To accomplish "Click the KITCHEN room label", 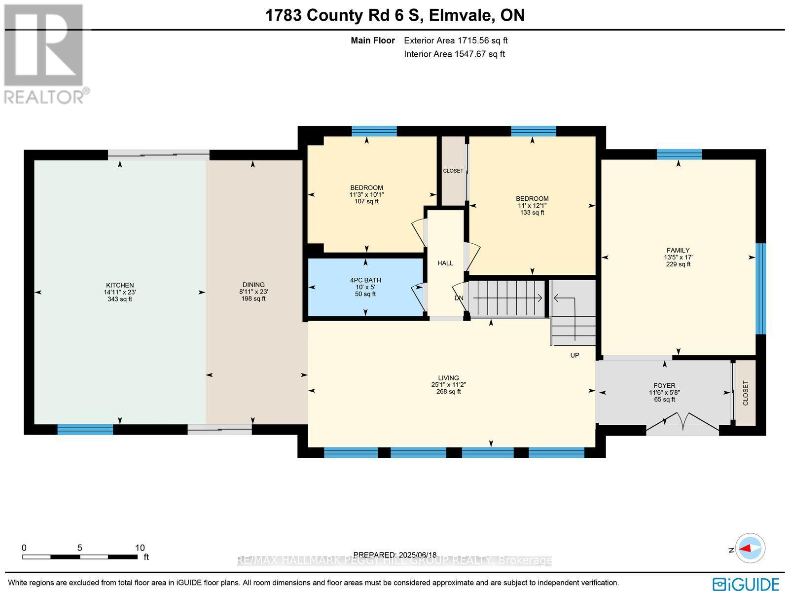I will coord(120,285).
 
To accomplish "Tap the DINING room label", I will coord(253,285).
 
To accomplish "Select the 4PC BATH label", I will coord(365,280).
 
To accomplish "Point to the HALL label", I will coord(445,263).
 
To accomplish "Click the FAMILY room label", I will coord(678,250).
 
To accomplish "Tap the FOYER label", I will coord(664,386).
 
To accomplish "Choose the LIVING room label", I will coord(448,378).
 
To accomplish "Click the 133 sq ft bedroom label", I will coord(532,199).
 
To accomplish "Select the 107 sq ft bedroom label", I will coord(366,188).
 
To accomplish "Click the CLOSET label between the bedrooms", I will coord(453,171).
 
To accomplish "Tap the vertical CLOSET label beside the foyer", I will coord(745,393).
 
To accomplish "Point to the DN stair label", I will coord(459,298).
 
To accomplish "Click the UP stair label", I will coord(574,355).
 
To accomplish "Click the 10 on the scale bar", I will coord(140,548).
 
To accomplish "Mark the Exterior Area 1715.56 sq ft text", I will coord(455,41).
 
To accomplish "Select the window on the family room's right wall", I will coord(761,289).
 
